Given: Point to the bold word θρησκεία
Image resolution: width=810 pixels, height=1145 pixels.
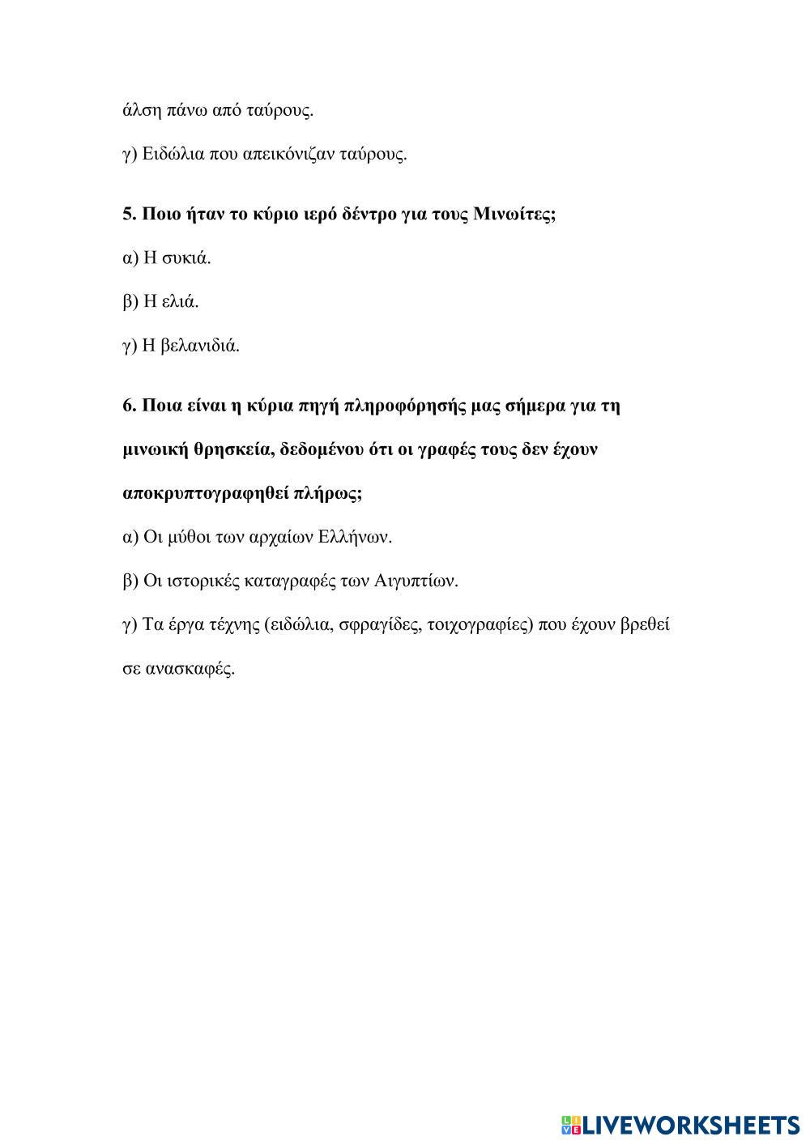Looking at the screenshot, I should point(227,449).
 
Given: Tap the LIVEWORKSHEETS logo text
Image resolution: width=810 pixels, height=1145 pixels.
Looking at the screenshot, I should point(691,1124).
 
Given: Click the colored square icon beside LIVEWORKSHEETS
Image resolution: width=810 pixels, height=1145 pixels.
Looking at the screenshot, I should point(571,1125).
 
